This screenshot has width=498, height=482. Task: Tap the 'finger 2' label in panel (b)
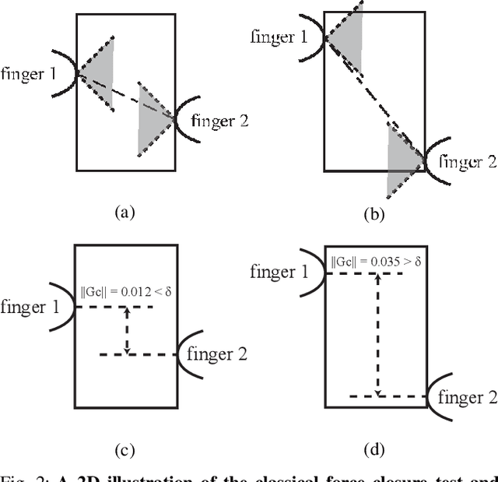[468, 162]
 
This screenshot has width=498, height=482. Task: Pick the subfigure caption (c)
[124, 448]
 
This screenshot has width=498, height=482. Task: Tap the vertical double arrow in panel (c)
[127, 331]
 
